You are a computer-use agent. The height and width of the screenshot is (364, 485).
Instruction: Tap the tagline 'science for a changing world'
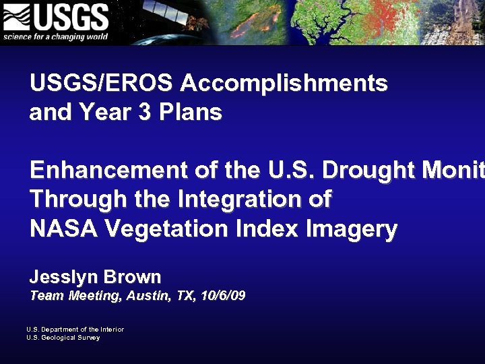tap(55, 36)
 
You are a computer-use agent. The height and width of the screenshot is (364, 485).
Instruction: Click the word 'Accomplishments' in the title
tap(284, 84)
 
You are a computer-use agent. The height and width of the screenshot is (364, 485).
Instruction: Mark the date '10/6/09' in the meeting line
tap(223, 295)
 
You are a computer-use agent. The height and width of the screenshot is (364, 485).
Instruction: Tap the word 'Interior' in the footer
tap(112, 329)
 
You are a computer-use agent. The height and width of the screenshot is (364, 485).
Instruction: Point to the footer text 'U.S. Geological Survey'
tap(63, 337)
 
